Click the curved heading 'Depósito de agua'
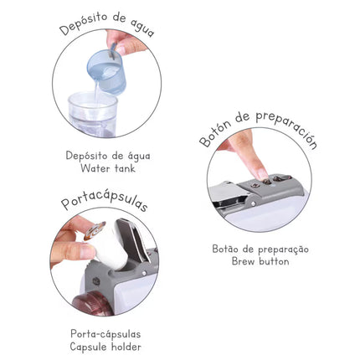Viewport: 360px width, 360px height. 107,24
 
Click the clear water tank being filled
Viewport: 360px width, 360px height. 92,114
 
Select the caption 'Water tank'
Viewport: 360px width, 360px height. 108,168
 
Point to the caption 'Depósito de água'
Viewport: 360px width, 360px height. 108,156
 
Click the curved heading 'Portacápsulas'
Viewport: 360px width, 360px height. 105,202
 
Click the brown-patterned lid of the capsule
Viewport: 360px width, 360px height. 95,230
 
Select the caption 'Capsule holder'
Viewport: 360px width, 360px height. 105,347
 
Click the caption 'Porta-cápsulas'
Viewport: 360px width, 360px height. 105,334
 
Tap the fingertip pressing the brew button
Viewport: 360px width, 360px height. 262,173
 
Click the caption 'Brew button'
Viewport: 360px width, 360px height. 260,261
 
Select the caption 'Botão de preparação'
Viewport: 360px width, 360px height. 260,249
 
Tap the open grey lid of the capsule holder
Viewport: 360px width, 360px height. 133,240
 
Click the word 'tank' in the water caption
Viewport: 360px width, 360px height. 125,168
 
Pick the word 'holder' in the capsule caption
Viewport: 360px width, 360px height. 126,347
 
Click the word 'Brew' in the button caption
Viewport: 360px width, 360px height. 244,261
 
